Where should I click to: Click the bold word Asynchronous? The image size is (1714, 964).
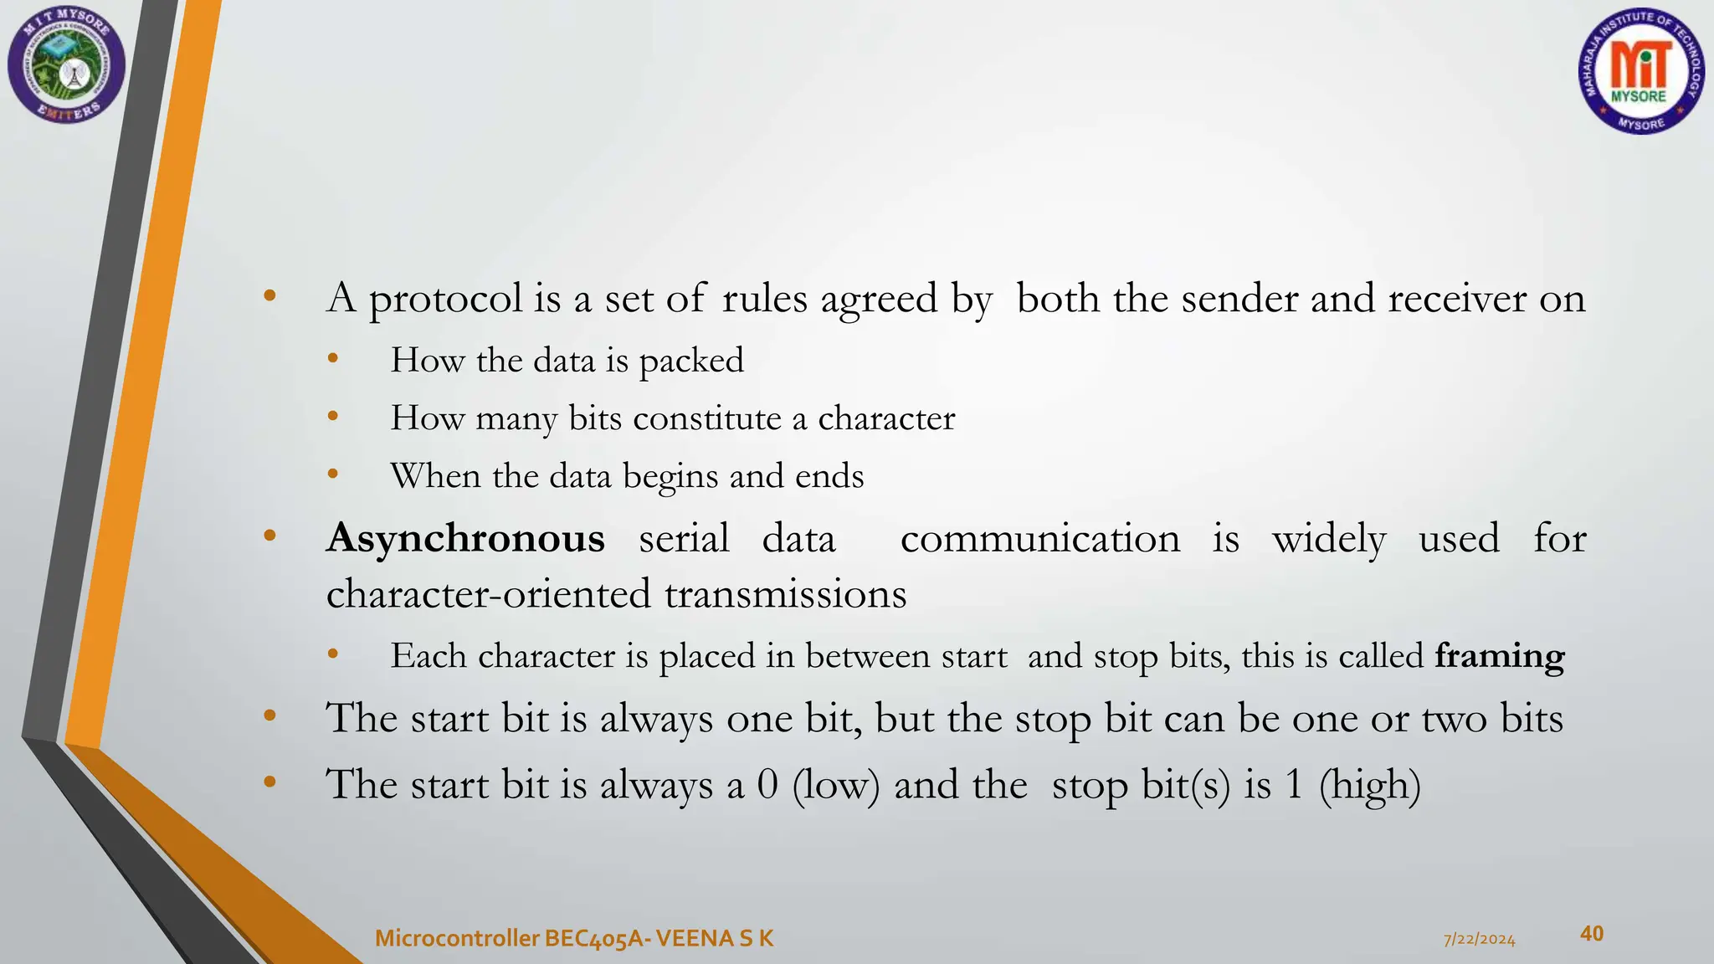point(465,538)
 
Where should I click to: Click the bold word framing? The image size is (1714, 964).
point(1499,656)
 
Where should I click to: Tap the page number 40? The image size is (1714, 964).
point(1591,933)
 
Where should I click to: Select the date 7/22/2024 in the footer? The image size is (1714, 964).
point(1479,940)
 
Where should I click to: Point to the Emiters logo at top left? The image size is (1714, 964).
point(66,65)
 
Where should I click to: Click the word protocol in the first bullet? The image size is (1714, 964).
point(445,300)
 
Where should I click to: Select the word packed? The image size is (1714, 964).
point(691,361)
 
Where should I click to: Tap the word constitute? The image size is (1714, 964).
point(707,418)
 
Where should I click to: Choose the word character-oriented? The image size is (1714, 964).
point(488,595)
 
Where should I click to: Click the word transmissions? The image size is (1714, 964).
point(785,595)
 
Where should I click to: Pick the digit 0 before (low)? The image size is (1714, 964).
point(767,785)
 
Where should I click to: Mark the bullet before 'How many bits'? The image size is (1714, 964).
point(333,416)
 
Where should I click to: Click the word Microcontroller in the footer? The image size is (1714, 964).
point(456,939)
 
